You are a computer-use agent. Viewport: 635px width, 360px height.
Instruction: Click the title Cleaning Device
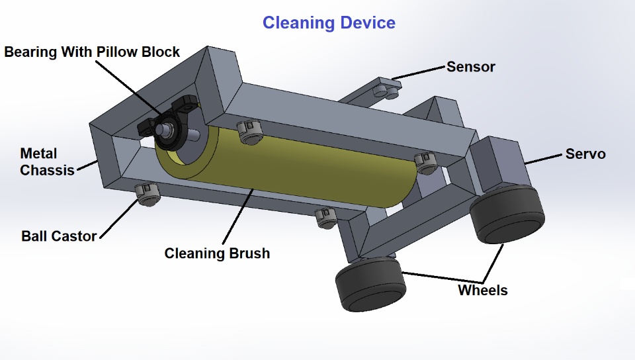click(329, 22)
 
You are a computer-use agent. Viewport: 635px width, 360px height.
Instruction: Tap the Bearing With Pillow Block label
click(92, 52)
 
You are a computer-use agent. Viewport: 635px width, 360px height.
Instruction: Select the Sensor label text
click(470, 67)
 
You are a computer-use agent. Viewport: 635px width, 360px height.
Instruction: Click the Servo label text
click(585, 154)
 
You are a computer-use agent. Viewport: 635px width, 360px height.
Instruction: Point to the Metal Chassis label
click(47, 162)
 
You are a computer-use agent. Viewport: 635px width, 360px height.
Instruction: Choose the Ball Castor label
click(59, 236)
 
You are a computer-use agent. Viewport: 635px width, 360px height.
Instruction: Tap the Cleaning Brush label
click(217, 253)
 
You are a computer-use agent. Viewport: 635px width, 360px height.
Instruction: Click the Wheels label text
click(483, 290)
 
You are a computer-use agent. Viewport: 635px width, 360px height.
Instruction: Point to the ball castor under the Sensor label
click(384, 90)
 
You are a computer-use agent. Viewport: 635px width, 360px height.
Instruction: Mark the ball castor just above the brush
click(251, 132)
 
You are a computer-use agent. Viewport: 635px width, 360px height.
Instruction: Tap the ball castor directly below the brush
click(325, 217)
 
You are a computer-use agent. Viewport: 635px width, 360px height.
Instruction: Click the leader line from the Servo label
click(543, 158)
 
